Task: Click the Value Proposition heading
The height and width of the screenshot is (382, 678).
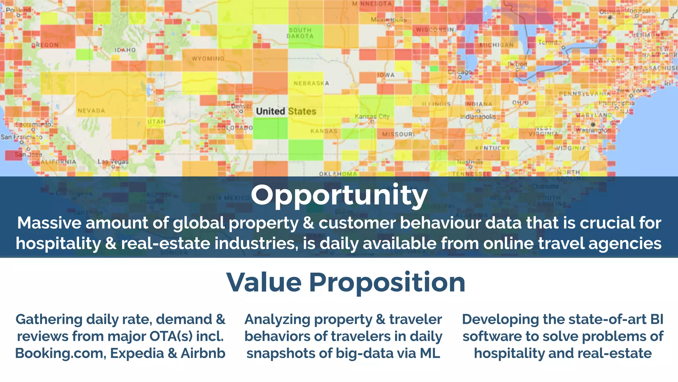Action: point(346,282)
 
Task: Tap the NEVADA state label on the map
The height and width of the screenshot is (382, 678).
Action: point(91,111)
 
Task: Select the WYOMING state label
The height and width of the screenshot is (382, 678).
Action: point(208,59)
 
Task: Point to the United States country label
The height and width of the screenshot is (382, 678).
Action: point(286,111)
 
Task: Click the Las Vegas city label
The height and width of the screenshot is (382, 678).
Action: point(113,161)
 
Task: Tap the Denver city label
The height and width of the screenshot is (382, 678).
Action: point(241,106)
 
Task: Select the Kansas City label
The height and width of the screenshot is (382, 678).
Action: point(372,116)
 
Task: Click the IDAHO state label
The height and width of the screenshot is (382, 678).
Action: point(125,50)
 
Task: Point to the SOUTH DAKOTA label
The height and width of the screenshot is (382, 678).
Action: point(300,33)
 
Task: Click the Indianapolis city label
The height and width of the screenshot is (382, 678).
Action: point(478,117)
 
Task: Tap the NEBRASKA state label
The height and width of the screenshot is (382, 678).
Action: point(311,83)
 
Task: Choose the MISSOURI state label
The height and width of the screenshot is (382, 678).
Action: point(398,134)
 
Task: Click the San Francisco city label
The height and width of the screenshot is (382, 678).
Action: point(22,137)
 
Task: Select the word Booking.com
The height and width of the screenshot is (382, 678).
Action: point(60,353)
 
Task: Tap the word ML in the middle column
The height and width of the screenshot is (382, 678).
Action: point(430,353)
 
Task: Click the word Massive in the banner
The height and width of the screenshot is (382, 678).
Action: point(49,223)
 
